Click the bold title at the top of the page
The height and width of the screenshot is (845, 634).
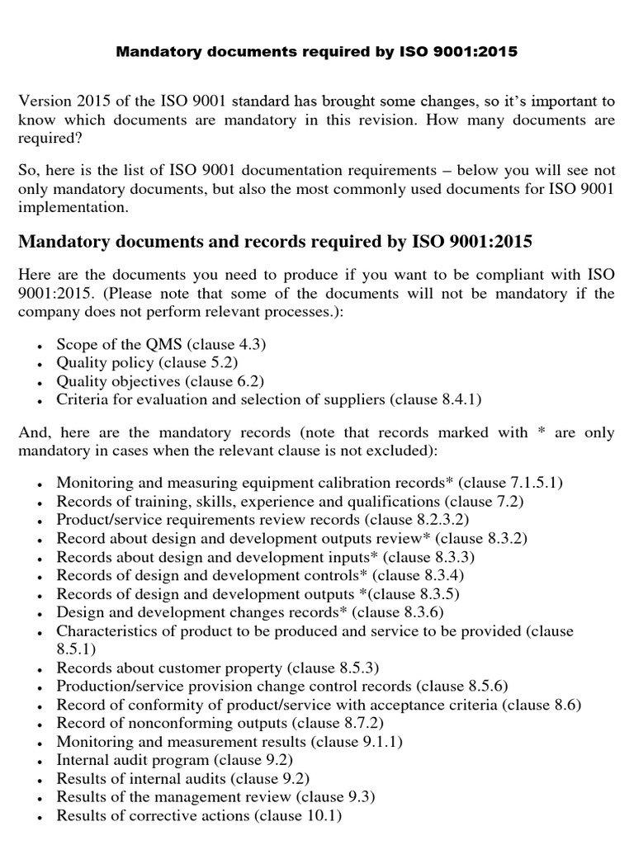click(316, 52)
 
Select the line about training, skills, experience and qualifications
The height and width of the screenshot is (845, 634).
click(290, 502)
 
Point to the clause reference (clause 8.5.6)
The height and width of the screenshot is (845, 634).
click(461, 686)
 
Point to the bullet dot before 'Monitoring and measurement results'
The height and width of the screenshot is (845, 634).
click(43, 743)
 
